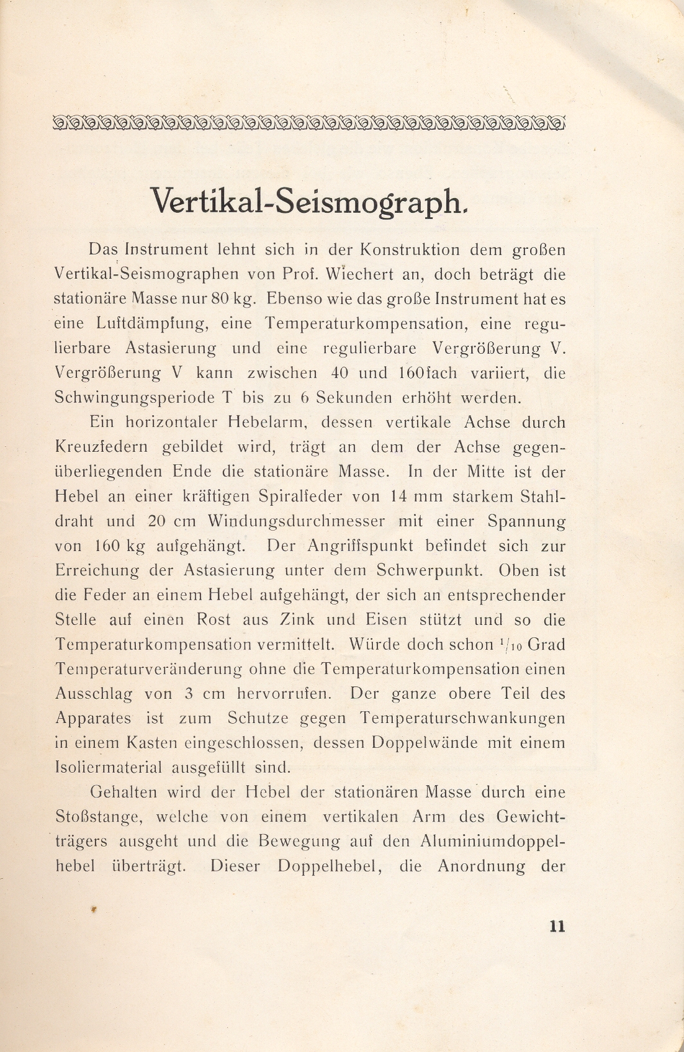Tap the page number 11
pos(557,926)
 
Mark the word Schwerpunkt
pos(426,570)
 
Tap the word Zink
pos(297,619)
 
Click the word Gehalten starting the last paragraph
pos(124,792)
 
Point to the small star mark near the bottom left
pos(94,909)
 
